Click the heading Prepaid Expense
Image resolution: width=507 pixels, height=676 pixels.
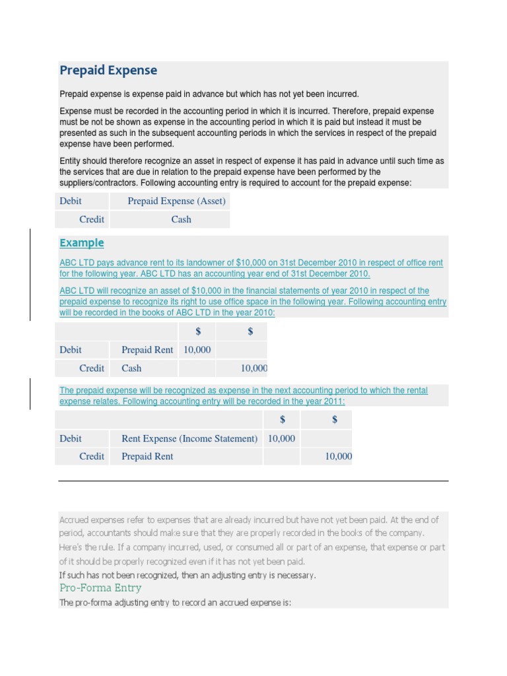(108, 71)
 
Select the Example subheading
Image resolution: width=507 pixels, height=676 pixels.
(81, 243)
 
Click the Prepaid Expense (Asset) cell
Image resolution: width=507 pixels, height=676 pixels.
(176, 201)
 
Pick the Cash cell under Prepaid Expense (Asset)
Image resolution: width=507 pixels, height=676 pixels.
(181, 219)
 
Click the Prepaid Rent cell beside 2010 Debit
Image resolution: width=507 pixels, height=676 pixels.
(147, 350)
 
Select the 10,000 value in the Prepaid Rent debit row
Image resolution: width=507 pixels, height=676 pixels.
(197, 350)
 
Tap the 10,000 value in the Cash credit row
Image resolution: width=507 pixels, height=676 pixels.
(254, 368)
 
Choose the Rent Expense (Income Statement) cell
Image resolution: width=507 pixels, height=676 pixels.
(189, 438)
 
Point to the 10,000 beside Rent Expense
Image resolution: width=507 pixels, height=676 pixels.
(282, 438)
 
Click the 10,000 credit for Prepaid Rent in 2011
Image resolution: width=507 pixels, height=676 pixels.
(339, 456)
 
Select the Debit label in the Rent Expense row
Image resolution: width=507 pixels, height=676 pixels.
(71, 438)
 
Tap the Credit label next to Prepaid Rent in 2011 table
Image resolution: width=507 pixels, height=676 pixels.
(92, 456)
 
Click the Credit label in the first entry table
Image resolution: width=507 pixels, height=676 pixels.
(92, 219)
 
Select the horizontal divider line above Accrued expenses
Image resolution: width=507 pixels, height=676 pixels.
(253, 481)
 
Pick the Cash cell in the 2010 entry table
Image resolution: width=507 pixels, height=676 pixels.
(131, 368)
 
